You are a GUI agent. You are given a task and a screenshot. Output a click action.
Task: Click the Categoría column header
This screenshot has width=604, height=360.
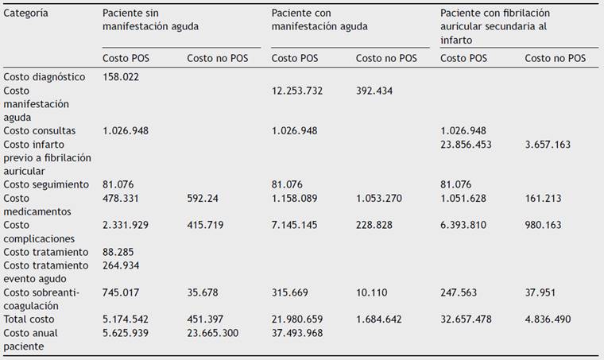click(x=25, y=14)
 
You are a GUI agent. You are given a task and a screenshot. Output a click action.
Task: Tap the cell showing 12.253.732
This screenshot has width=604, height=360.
click(x=297, y=91)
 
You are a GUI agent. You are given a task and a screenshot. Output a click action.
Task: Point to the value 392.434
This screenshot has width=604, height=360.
click(x=374, y=91)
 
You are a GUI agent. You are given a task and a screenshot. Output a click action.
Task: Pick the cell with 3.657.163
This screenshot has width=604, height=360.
click(x=548, y=145)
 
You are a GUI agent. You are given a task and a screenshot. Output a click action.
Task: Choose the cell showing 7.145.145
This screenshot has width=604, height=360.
click(x=294, y=226)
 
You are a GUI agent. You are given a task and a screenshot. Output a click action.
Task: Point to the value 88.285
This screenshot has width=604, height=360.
click(x=119, y=252)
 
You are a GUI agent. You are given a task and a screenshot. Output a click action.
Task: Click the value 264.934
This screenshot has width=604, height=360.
click(x=122, y=265)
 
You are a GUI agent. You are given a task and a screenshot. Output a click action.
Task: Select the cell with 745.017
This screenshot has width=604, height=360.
click(x=122, y=292)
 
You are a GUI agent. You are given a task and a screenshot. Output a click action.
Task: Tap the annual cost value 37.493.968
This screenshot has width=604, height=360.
click(x=297, y=333)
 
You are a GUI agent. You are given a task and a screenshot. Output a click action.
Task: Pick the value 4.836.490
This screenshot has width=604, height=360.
click(x=548, y=319)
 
